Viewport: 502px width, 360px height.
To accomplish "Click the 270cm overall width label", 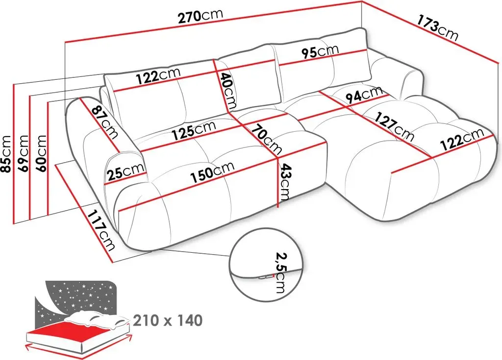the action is coord(200,17).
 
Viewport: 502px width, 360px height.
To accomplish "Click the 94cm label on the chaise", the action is coord(365,95).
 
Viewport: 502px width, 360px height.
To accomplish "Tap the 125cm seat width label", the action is coord(194,131).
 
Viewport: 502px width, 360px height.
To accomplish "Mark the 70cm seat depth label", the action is coord(267,139).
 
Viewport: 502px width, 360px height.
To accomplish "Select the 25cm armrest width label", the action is coord(125,172).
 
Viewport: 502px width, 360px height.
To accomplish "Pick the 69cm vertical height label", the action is coord(24,154).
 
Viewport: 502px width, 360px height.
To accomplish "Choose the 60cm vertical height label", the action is coord(41,154).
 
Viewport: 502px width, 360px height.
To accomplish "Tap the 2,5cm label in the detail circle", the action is coord(279,273).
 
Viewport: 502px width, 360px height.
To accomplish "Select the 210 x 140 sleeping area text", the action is coord(168,320).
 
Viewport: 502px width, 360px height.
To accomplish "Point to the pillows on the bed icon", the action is coord(97,319).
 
